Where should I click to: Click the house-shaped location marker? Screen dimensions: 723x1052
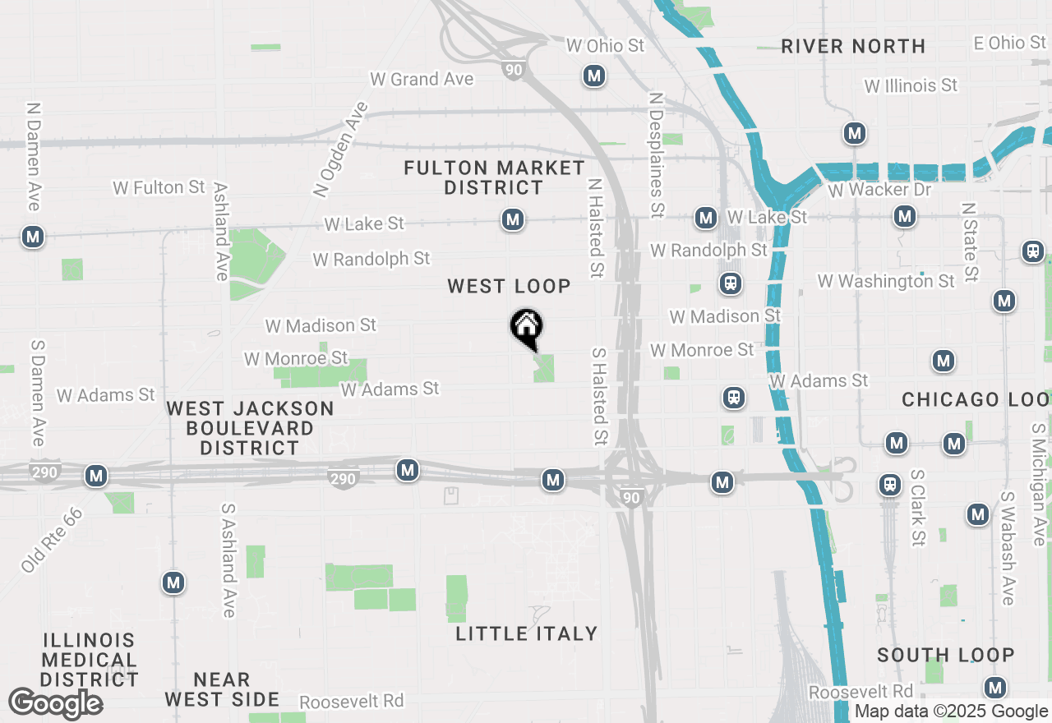point(527,328)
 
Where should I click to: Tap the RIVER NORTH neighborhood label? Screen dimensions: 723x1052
point(853,46)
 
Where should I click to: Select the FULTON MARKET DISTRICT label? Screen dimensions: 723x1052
point(494,178)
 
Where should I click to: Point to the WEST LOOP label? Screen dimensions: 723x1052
point(509,286)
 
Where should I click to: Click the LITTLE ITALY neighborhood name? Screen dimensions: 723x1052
point(527,633)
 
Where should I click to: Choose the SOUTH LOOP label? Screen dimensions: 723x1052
point(945,655)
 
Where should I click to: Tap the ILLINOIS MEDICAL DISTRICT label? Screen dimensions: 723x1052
point(90,660)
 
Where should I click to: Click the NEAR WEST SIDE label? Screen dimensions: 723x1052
point(222,689)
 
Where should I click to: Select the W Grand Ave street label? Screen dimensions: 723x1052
point(422,79)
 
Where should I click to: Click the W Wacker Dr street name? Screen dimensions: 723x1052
point(880,190)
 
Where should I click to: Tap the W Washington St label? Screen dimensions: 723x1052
point(886,281)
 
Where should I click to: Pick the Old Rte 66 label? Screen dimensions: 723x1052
point(53,540)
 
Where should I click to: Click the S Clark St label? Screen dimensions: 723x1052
point(918,508)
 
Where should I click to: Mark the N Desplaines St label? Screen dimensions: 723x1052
point(656,154)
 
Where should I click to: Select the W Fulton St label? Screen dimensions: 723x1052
point(159,187)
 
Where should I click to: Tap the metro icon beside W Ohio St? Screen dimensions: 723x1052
point(594,76)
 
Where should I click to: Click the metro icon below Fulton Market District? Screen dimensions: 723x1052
point(513,220)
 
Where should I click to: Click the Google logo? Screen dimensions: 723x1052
point(55,704)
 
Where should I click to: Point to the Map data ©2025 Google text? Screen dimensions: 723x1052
point(951,711)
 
